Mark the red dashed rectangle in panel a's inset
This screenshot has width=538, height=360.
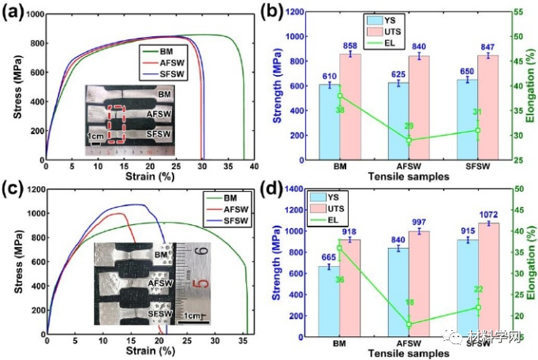click(115, 127)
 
